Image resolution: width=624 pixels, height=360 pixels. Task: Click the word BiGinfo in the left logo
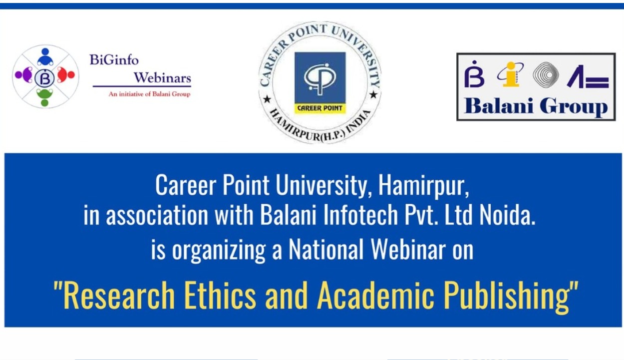(x=114, y=60)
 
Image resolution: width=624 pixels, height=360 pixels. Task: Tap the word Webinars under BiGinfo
(x=162, y=78)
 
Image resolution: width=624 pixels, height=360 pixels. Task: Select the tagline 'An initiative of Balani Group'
(x=149, y=94)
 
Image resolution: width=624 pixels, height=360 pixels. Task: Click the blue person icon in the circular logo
(x=45, y=57)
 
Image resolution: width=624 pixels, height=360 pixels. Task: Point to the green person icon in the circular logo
(x=45, y=96)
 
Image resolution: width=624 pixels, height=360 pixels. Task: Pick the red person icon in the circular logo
(x=65, y=75)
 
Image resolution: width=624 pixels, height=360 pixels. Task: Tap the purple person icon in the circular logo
(x=24, y=75)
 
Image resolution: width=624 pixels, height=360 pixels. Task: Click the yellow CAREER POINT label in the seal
(x=319, y=108)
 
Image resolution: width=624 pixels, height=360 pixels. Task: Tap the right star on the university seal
(x=372, y=94)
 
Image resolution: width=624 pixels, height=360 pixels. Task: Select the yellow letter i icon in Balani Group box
(x=510, y=74)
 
